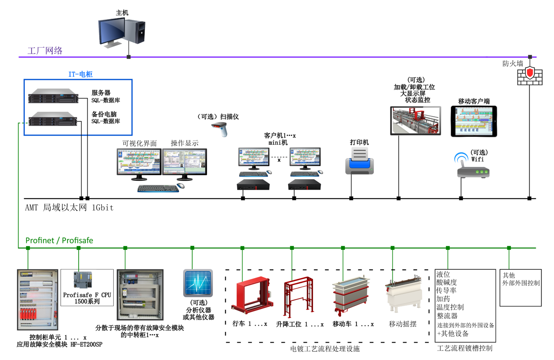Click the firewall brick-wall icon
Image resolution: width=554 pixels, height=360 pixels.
tap(530, 76)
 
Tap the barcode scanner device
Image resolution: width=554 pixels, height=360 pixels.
tap(220, 129)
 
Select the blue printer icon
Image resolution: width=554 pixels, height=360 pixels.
tap(359, 161)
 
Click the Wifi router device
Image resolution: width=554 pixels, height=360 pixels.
tap(473, 169)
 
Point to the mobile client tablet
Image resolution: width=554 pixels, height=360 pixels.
tap(474, 121)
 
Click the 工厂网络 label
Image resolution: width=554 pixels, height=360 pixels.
tap(45, 51)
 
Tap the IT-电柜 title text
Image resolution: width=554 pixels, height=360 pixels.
tap(80, 74)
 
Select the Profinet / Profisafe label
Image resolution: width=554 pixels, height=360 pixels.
tap(60, 240)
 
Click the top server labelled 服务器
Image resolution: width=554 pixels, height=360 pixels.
tap(53, 96)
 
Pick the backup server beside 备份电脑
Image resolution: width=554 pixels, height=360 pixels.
tap(53, 119)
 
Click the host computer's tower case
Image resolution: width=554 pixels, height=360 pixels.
tap(135, 32)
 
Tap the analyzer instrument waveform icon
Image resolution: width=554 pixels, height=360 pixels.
tap(198, 283)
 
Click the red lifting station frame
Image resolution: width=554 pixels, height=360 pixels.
tap(299, 297)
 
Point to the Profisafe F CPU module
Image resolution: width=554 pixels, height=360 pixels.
tap(83, 280)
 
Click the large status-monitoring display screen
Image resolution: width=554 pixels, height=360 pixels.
tap(415, 121)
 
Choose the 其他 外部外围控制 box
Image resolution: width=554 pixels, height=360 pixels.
tap(521, 288)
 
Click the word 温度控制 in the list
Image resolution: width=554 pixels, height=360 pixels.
tap(450, 307)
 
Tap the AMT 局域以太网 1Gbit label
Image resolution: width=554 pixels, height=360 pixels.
tap(69, 207)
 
